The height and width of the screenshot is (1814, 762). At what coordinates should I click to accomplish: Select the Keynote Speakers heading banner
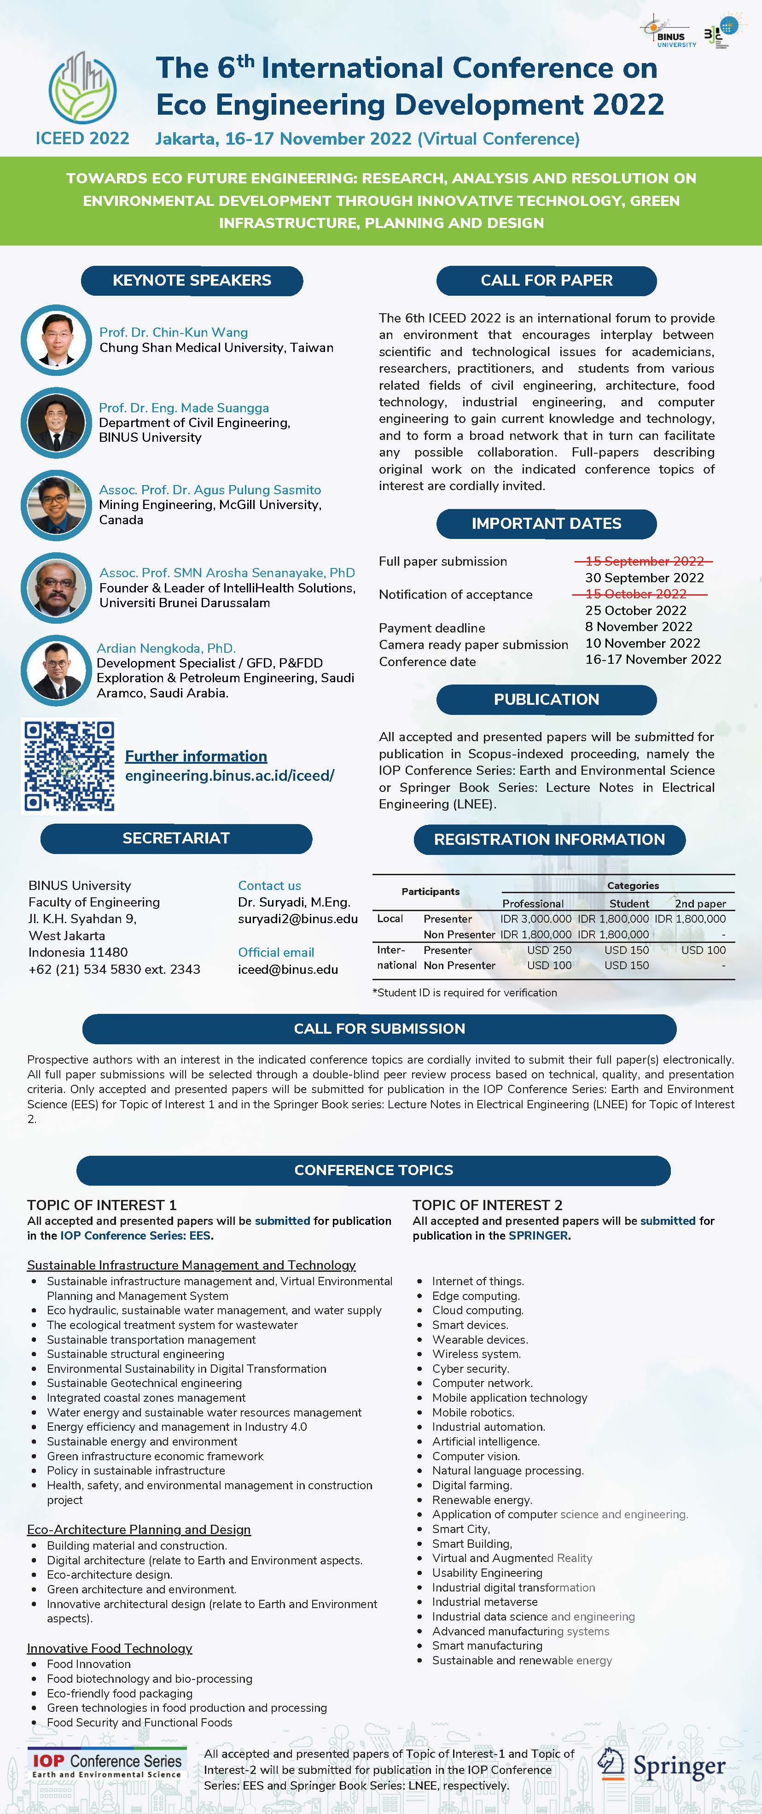tap(192, 280)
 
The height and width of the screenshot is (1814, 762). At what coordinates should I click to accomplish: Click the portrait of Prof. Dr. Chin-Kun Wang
tap(56, 339)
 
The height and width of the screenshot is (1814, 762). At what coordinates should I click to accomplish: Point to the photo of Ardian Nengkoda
tap(56, 670)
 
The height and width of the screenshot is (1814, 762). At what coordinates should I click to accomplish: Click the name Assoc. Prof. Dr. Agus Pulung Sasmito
tap(209, 489)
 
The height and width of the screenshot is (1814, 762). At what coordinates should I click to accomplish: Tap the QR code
tap(69, 766)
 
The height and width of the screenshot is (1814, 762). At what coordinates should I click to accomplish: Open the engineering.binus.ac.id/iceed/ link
tap(229, 775)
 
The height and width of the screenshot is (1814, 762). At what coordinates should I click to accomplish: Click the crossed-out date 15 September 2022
tap(644, 561)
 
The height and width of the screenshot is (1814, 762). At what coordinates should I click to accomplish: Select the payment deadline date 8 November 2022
tap(638, 627)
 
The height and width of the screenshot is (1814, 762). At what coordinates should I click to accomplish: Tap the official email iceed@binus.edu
tap(288, 969)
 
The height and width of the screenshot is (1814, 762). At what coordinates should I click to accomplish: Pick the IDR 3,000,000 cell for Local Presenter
tap(535, 919)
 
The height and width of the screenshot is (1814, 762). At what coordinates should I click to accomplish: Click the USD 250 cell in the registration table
tap(549, 950)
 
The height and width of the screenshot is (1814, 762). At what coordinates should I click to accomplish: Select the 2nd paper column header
tap(700, 903)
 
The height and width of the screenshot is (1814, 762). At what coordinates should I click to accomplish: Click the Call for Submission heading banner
tap(379, 1029)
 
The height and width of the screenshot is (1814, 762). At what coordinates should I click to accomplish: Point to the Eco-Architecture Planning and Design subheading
tap(139, 1529)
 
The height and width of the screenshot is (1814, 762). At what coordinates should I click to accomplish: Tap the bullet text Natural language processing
tap(507, 1470)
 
